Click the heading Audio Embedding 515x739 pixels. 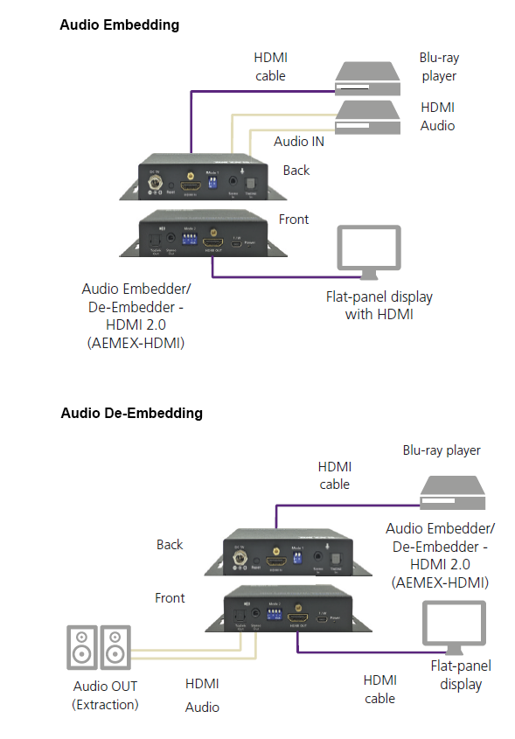click(x=119, y=24)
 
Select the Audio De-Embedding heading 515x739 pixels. click(x=131, y=412)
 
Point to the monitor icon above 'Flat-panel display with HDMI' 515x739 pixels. click(x=368, y=253)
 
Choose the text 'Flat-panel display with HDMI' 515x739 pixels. click(x=378, y=305)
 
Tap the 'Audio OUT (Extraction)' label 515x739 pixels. click(x=105, y=694)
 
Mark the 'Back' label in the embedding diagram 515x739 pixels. click(x=296, y=170)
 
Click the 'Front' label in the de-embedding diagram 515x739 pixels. click(x=170, y=598)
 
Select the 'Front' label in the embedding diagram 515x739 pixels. click(x=293, y=219)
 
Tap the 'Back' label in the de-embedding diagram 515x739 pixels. click(x=170, y=544)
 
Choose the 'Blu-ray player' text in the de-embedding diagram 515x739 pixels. click(x=442, y=450)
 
